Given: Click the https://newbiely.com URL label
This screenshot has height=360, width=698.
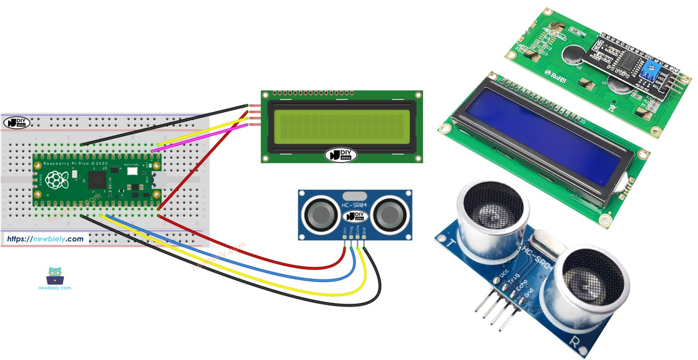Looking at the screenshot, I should coord(45,239).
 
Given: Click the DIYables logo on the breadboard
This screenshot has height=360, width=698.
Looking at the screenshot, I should coord(17,122).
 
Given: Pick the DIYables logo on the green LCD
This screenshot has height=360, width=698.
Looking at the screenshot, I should coord(341,154).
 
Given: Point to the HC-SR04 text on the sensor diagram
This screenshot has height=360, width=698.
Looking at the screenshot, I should coord(354,205).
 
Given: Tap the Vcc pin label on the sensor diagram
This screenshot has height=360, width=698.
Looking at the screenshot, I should coord(345,232).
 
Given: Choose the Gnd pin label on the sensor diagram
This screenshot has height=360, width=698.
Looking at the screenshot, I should coord(364,232).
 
